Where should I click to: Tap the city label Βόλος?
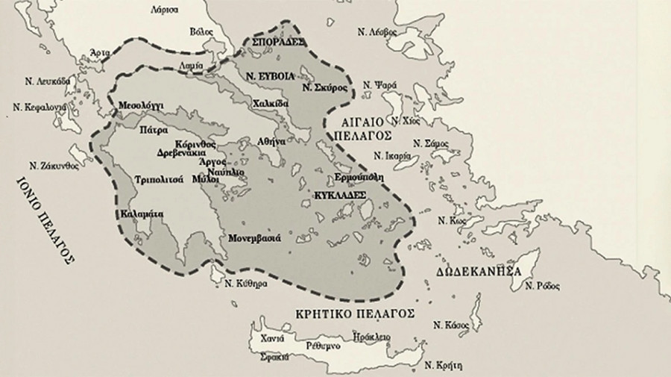pyautogui.click(x=202, y=32)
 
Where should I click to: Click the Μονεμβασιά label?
pyautogui.click(x=254, y=238)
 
